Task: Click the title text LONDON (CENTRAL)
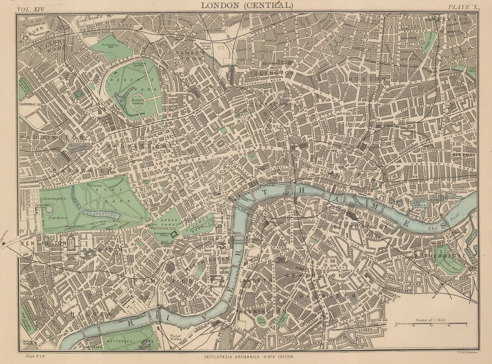click(x=247, y=5)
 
